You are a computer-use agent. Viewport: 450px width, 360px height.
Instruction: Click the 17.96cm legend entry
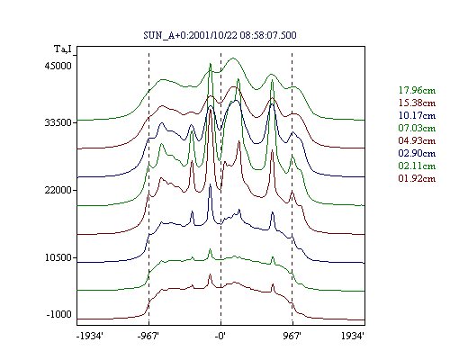417,90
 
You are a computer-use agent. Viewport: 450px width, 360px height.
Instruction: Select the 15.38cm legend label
417,103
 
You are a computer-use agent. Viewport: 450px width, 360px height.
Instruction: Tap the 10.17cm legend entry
417,115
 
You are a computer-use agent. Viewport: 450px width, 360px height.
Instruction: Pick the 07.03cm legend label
417,128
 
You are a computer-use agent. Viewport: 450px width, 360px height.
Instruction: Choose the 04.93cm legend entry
417,140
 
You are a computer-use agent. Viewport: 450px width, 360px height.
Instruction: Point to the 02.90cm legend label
417,153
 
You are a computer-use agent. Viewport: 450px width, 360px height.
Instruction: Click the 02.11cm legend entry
417,166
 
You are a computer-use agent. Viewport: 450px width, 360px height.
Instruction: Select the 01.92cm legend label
417,178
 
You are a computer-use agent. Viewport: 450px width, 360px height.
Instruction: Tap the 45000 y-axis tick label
58,66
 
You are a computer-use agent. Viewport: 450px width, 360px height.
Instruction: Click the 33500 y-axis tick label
58,122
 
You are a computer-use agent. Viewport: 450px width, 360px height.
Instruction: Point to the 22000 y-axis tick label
58,190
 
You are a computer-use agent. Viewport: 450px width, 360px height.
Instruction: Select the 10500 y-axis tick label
58,257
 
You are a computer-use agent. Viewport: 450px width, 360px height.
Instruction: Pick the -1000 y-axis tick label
59,314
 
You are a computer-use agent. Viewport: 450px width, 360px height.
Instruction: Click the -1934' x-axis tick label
90,336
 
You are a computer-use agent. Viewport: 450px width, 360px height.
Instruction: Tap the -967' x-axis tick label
148,336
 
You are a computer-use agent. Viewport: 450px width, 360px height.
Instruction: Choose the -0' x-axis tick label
220,336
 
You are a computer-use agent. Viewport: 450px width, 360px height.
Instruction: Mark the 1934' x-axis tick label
353,336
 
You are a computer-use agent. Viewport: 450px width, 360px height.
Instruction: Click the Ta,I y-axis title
63,49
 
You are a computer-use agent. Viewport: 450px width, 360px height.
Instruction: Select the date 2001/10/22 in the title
213,35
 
